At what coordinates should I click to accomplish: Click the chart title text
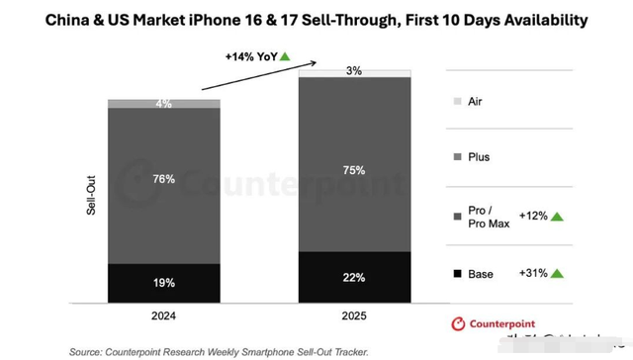click(x=316, y=19)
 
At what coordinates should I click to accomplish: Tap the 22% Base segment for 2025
click(x=352, y=277)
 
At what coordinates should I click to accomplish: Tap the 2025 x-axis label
click(x=352, y=318)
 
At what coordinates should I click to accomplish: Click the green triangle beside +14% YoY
click(x=285, y=56)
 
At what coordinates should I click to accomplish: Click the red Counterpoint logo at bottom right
click(x=458, y=322)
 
